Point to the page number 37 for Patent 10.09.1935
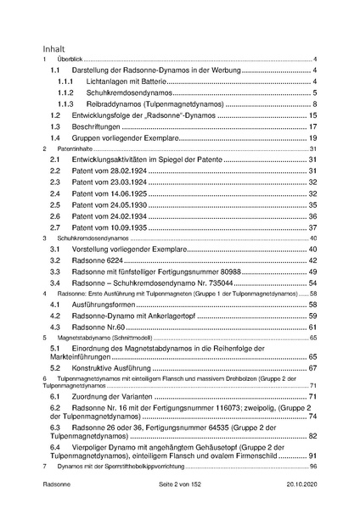pyautogui.click(x=312, y=227)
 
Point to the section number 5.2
pyautogui.click(x=55, y=369)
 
